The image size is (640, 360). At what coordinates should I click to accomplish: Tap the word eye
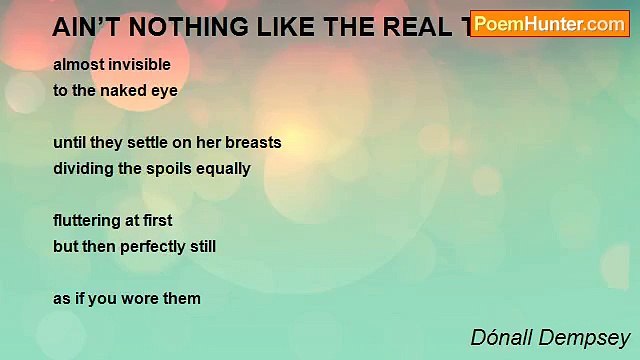pyautogui.click(x=165, y=90)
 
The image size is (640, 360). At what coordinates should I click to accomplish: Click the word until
pyautogui.click(x=69, y=142)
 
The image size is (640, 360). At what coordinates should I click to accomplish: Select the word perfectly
pyautogui.click(x=151, y=246)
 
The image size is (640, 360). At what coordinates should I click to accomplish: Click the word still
pyautogui.click(x=201, y=246)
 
